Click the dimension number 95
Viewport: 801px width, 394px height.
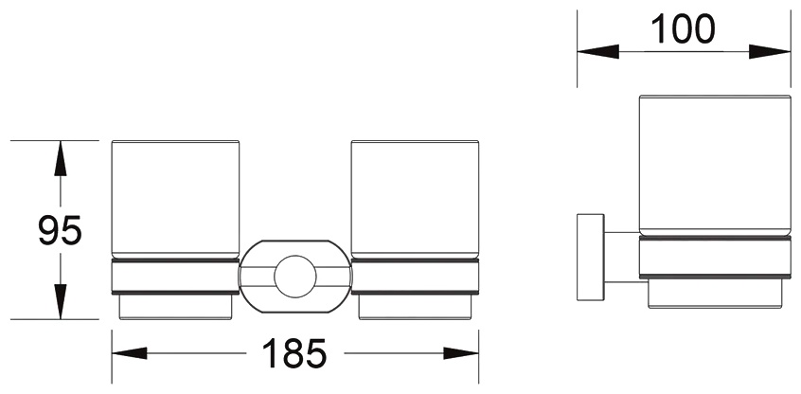pos(60,230)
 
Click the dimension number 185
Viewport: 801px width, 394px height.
pos(294,353)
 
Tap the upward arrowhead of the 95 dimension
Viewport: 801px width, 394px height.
pos(61,158)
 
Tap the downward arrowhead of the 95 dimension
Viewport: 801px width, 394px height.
pos(61,301)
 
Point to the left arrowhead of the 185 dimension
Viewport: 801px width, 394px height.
pos(130,353)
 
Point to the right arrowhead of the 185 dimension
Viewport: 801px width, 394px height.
pos(461,353)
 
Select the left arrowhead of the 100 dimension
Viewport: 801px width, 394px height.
pos(597,51)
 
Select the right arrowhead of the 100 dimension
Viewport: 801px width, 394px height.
pos(770,51)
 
